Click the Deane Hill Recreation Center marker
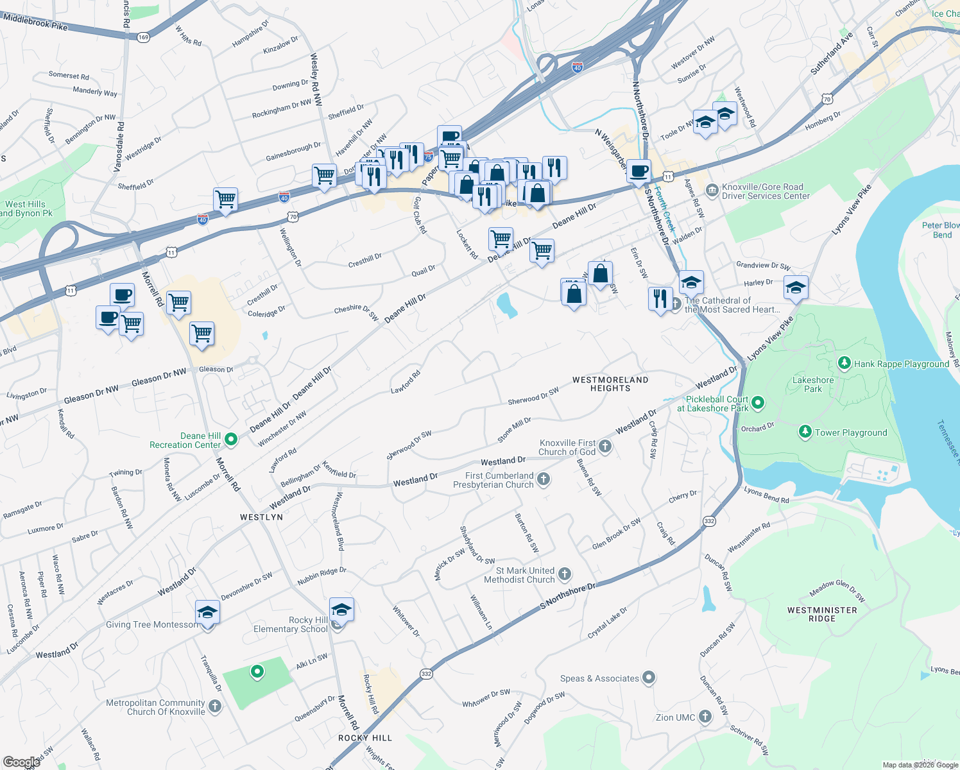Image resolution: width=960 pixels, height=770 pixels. [232, 440]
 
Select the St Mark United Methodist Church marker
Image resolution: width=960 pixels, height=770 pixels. [565, 574]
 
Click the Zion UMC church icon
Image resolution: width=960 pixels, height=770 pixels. [705, 717]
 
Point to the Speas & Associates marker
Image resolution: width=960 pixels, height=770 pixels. [649, 678]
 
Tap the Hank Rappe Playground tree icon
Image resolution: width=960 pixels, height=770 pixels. [844, 364]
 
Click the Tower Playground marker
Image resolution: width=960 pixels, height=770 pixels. [805, 432]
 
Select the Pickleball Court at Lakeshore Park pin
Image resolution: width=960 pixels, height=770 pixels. [758, 403]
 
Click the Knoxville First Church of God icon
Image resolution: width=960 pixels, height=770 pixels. [605, 447]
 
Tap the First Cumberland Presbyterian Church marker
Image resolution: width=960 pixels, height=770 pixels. [544, 479]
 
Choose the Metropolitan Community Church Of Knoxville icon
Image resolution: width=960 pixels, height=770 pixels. [215, 706]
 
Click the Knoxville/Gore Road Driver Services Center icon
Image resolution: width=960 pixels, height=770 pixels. [712, 191]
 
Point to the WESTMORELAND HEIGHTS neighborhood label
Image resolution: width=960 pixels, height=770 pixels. [610, 384]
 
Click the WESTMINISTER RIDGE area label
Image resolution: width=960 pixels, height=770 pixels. [822, 614]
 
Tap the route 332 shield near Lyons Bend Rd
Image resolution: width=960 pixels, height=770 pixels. [709, 521]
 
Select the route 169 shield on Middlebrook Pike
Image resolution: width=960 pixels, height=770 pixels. [143, 37]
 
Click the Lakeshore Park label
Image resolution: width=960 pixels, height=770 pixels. [813, 384]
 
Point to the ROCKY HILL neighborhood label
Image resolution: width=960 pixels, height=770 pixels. [364, 738]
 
